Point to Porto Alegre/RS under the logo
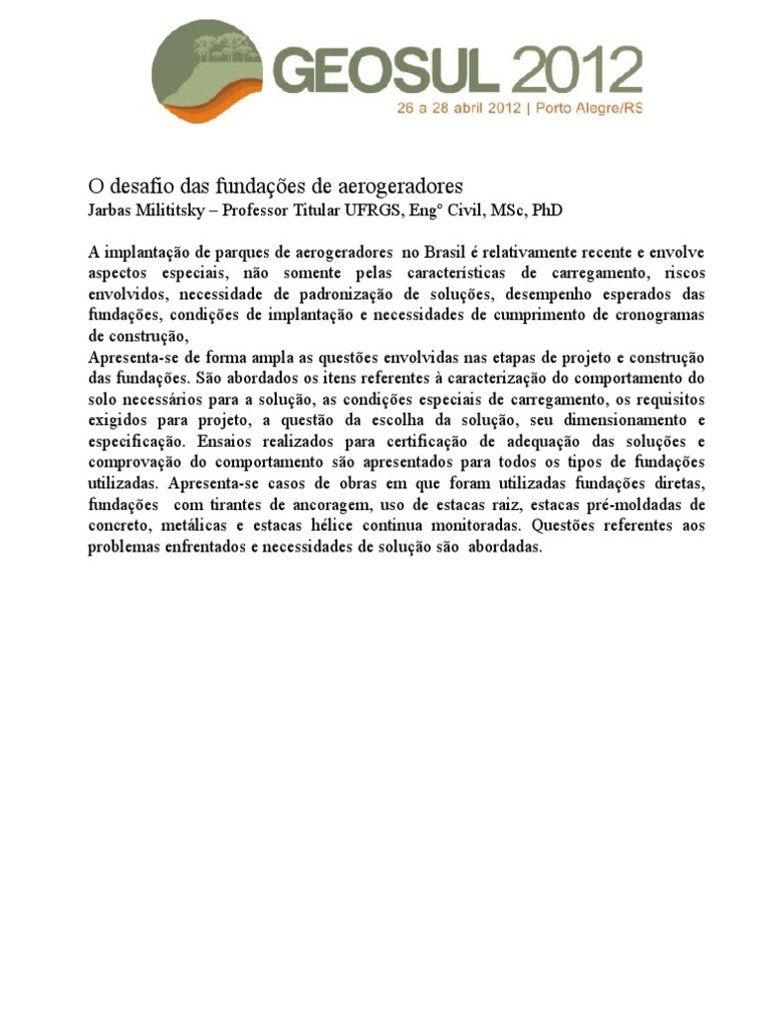[x=589, y=110]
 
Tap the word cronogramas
[x=654, y=314]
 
